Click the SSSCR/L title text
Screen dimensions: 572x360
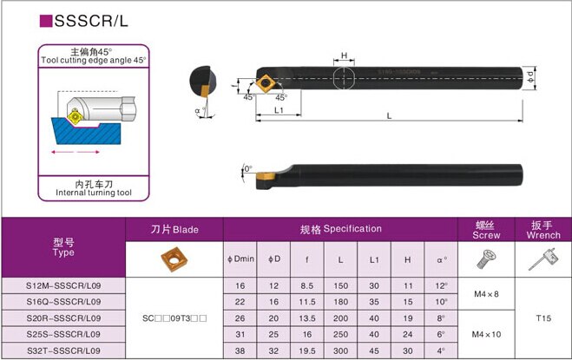[x=91, y=21]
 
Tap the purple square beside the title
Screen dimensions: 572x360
[x=46, y=21]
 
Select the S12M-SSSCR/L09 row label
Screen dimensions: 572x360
[x=63, y=285]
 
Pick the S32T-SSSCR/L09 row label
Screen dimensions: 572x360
[x=63, y=350]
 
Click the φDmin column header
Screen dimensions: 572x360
[x=240, y=259]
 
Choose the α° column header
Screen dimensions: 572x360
[x=442, y=259]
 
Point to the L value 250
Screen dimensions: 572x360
[x=341, y=334]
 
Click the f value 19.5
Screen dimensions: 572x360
[x=307, y=350]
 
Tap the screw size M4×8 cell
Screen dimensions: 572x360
[x=486, y=294]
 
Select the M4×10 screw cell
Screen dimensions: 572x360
[x=486, y=334]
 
